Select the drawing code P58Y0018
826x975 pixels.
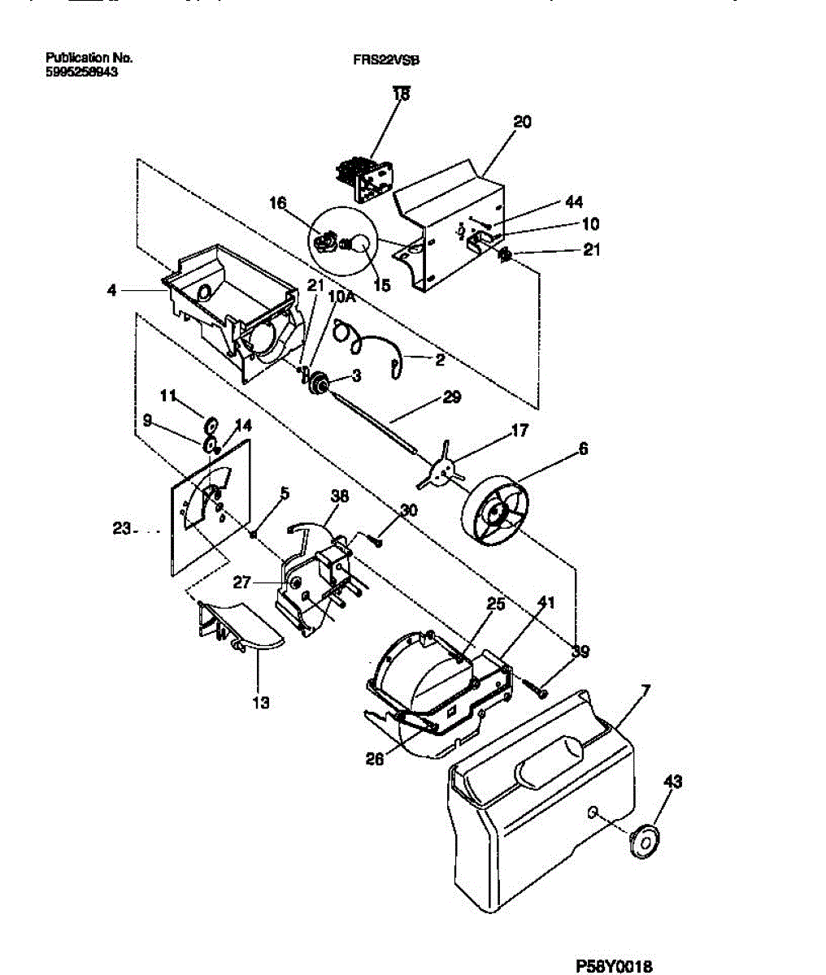(614, 966)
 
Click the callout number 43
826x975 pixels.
(672, 782)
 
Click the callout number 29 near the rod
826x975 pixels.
(451, 397)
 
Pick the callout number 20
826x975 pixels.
(522, 122)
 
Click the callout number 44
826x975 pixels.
(572, 202)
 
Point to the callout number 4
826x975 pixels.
(111, 289)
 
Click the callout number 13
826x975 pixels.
(260, 703)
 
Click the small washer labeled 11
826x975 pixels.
(211, 423)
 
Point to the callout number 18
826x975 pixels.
(402, 94)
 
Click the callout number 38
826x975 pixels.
(340, 496)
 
